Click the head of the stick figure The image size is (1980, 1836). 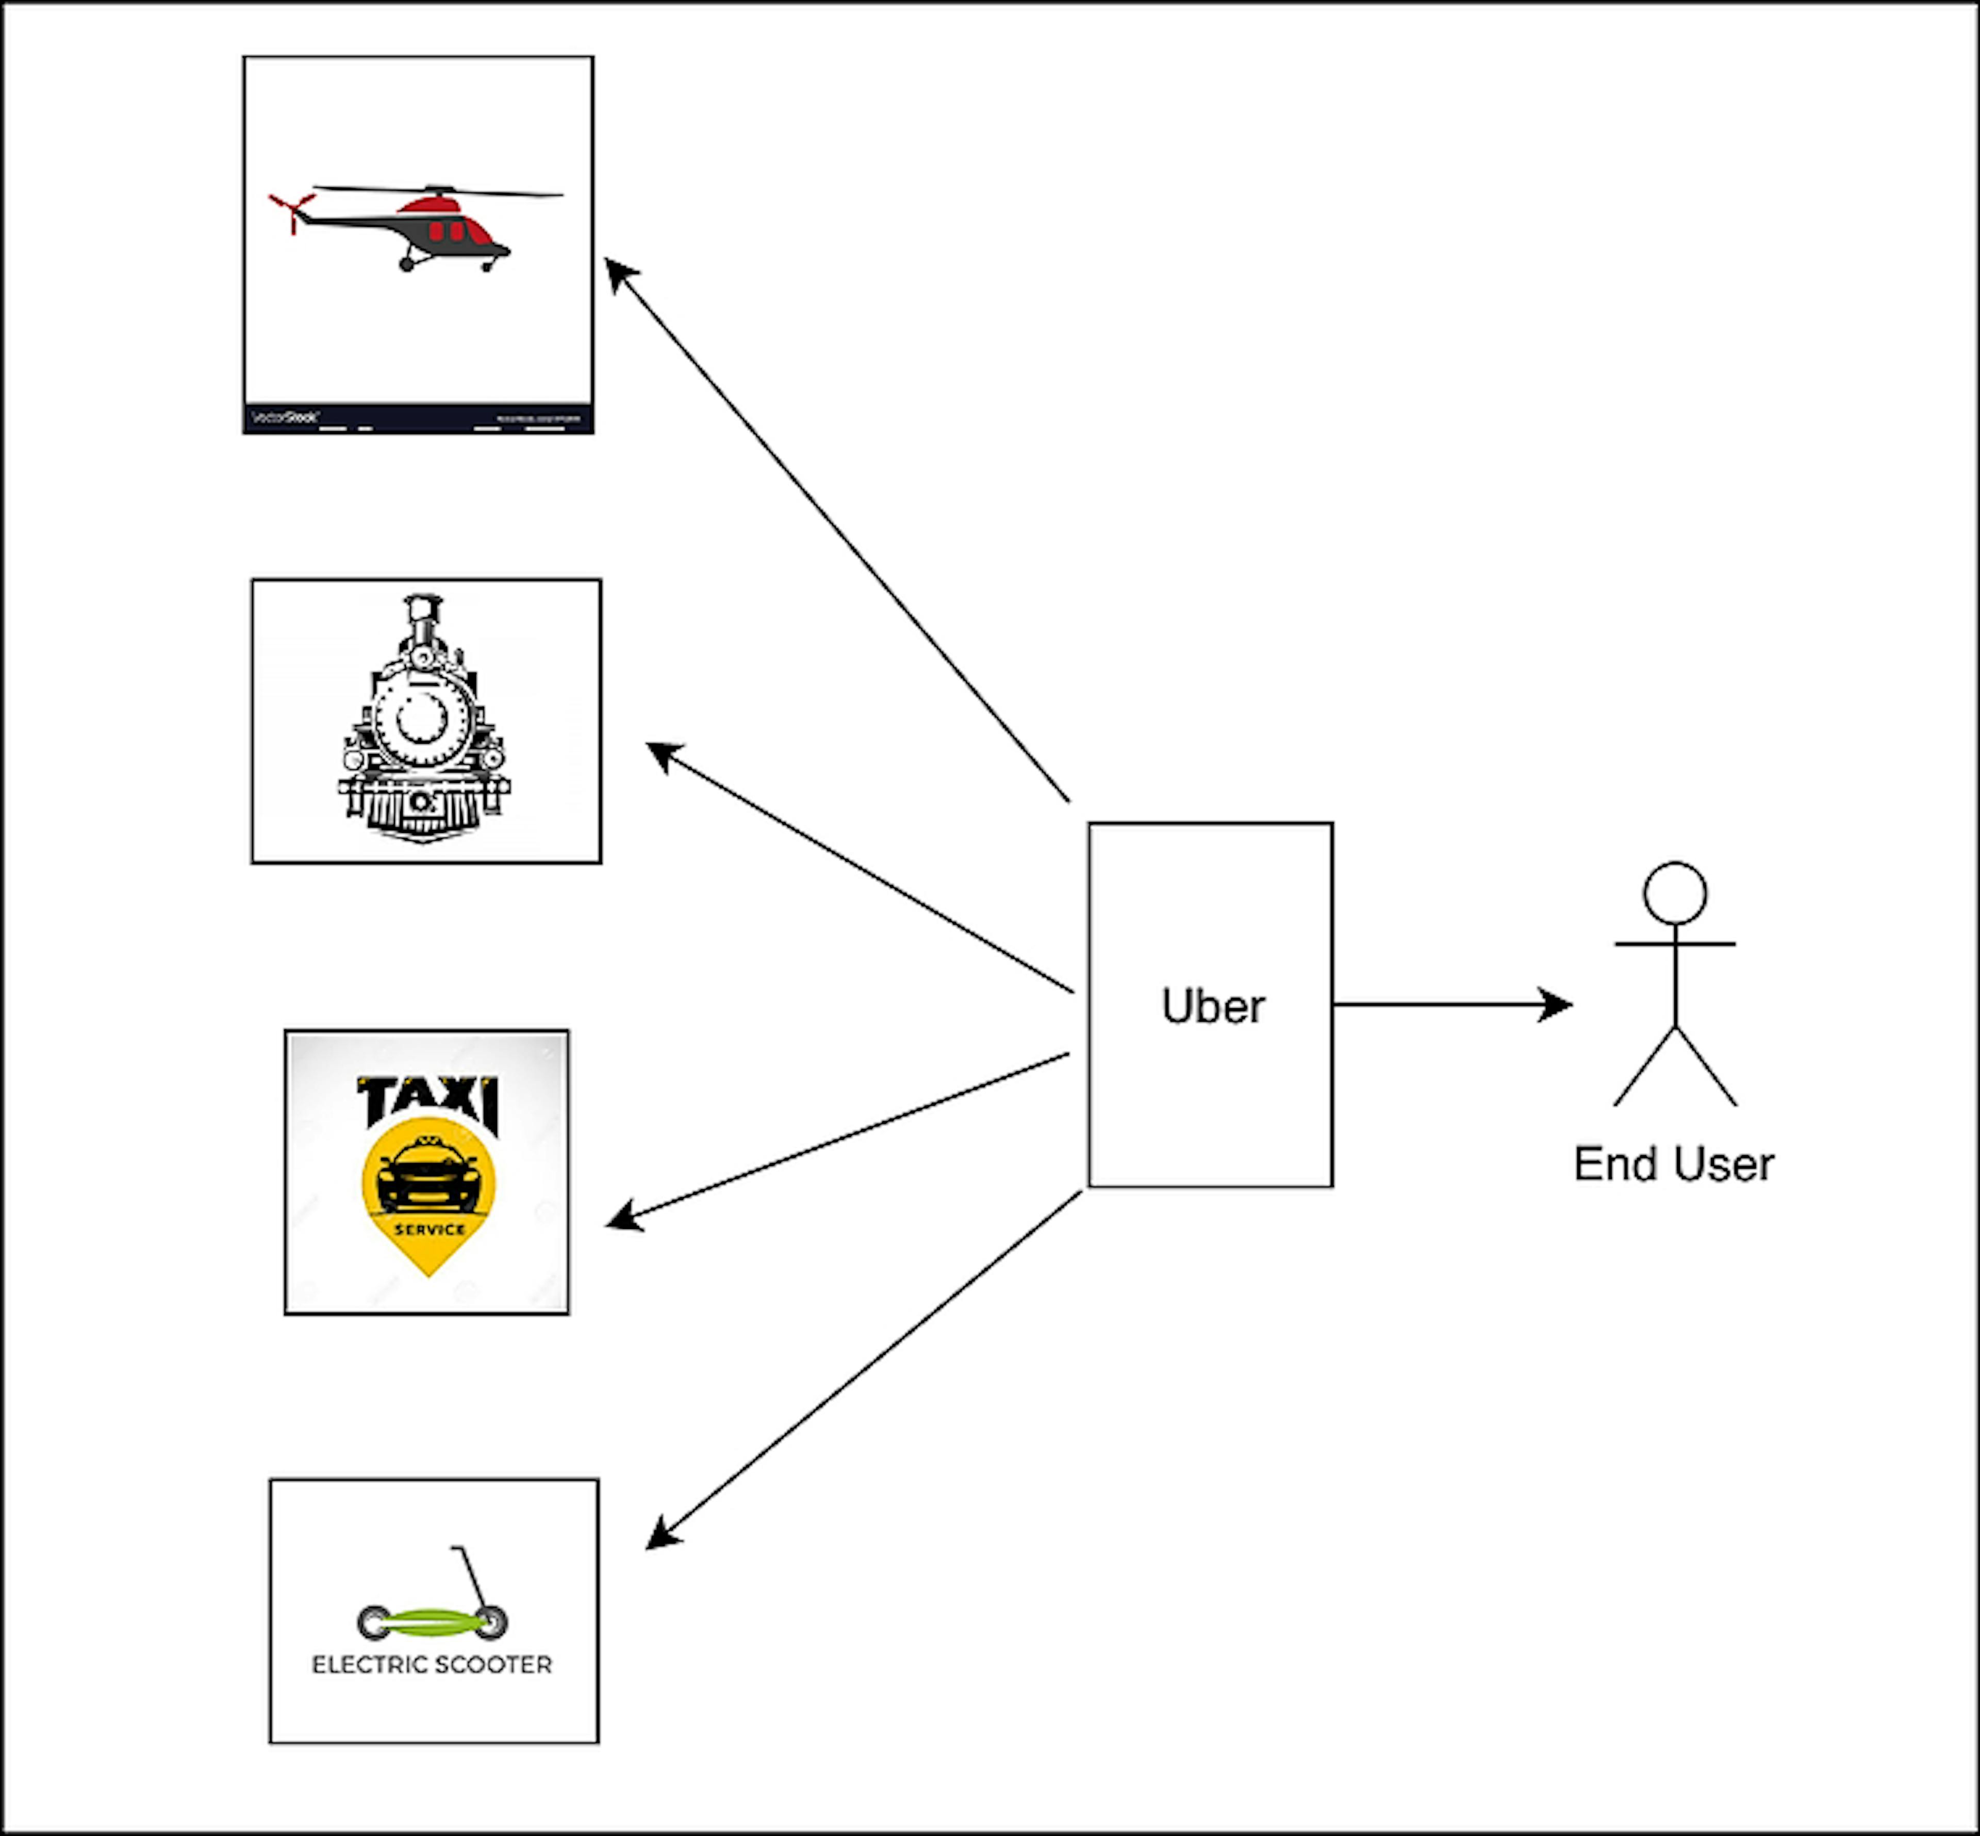click(x=1675, y=893)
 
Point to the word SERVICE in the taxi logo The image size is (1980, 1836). click(x=429, y=1229)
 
